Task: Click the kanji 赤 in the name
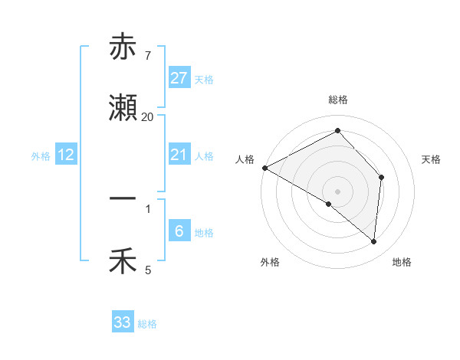pos(123,47)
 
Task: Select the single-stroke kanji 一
pos(123,198)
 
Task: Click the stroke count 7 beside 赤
pos(147,56)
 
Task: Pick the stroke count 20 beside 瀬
pos(147,117)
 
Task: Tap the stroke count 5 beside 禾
pos(148,270)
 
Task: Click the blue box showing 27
pos(179,78)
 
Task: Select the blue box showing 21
pos(179,155)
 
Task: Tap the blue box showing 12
pos(66,155)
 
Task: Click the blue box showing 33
pos(123,322)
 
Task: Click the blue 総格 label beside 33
pos(147,324)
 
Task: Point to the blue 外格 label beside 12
pos(41,155)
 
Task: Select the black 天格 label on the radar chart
pos(432,159)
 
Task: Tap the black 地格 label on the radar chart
pos(402,262)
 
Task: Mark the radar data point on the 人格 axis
pos(264,168)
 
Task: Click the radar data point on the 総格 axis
pos(337,131)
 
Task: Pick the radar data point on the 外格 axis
pos(329,204)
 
